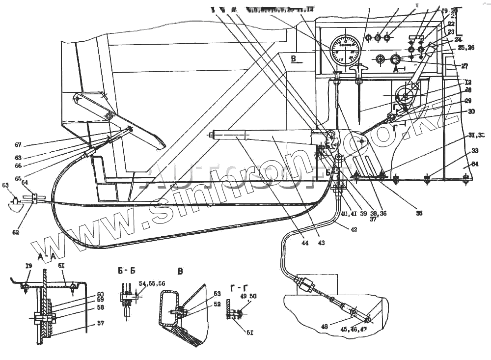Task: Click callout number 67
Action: (x=18, y=145)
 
